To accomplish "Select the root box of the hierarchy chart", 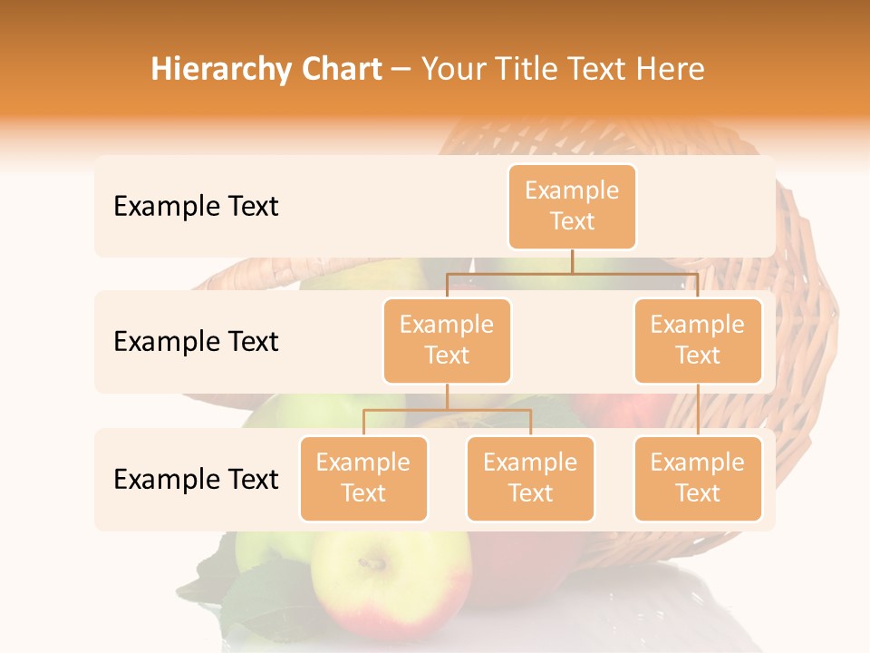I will click(x=572, y=206).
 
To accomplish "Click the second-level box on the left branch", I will click(x=447, y=340).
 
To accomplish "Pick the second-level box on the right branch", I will click(x=698, y=340).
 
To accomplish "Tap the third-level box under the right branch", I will click(x=698, y=478).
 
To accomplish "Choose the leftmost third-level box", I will click(x=363, y=478).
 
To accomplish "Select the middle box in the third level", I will click(x=530, y=478).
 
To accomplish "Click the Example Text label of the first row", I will click(x=196, y=207).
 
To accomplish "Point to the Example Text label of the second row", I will click(x=196, y=342).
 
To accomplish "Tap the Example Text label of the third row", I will click(x=196, y=479).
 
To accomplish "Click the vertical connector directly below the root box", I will click(x=572, y=261).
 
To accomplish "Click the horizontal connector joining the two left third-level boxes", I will click(x=447, y=410).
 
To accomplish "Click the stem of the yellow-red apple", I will click(x=371, y=563).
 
